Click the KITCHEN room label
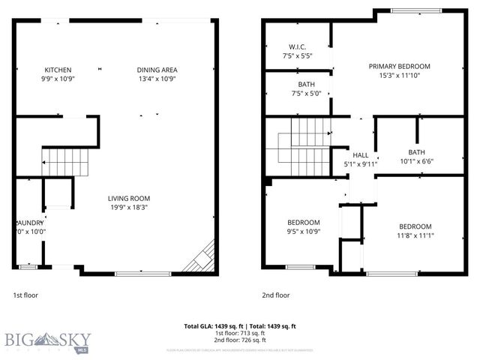point(58,70)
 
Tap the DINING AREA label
point(157,70)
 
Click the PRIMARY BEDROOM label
point(404,66)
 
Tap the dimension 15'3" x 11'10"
point(404,76)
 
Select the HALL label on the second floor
point(361,155)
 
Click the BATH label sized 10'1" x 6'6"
point(416,151)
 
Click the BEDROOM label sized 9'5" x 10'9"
point(304,222)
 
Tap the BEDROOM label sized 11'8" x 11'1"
point(415,226)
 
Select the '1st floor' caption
point(25,295)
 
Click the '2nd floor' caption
point(274,295)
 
